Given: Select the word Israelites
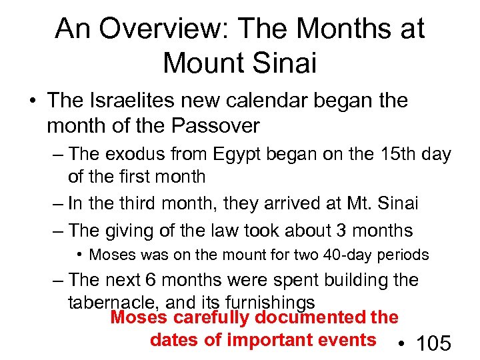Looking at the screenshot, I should pyautogui.click(x=133, y=101).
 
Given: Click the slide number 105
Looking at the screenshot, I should pyautogui.click(x=433, y=344).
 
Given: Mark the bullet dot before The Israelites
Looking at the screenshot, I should pyautogui.click(x=33, y=101).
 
